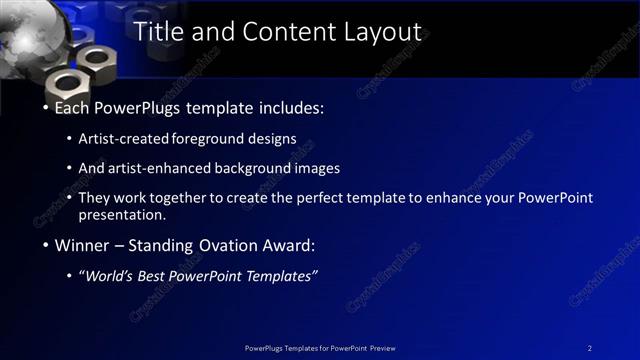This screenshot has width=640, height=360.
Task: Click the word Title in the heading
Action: (157, 32)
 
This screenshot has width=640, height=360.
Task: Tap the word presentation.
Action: (121, 214)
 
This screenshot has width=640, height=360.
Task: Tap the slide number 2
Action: (590, 348)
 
